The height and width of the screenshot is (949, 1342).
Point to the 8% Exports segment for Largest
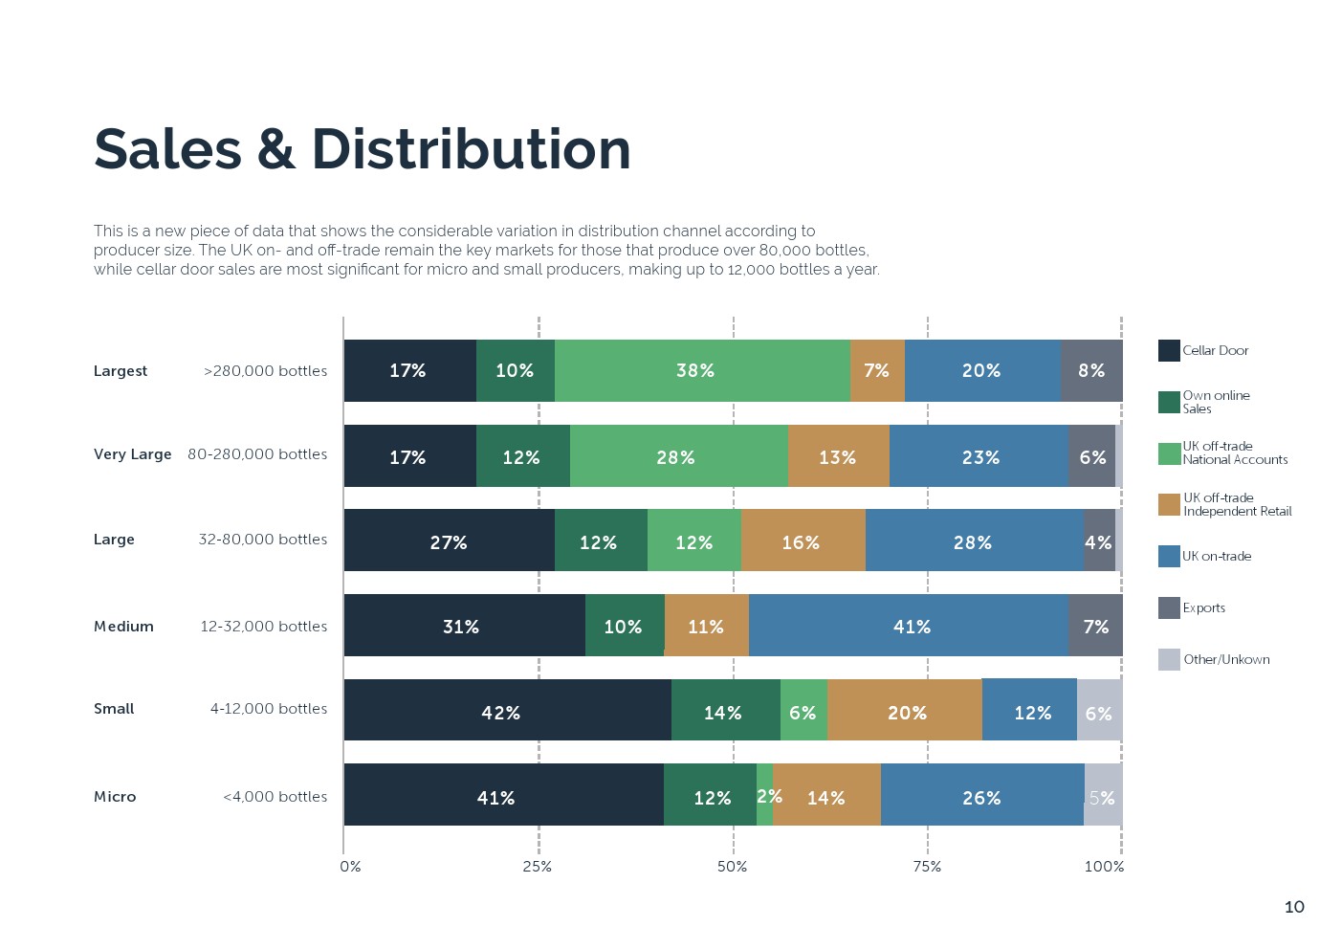point(1090,370)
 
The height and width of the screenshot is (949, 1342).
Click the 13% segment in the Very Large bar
point(838,456)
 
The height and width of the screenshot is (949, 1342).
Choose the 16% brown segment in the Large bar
point(803,541)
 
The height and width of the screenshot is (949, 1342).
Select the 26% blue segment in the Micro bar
point(981,796)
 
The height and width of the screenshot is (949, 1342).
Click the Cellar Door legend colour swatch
point(1169,350)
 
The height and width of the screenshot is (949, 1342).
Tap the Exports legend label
point(1203,607)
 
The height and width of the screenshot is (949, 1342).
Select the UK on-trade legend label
point(1216,556)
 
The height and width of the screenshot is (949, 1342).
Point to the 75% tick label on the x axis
point(927,867)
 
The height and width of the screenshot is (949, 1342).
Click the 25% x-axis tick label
point(538,867)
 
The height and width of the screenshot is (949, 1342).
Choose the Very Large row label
point(132,454)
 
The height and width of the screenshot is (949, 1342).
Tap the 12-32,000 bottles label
point(263,627)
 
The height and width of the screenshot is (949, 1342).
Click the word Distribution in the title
point(471,150)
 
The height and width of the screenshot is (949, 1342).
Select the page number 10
point(1294,907)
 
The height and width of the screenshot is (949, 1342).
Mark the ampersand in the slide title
point(276,150)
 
